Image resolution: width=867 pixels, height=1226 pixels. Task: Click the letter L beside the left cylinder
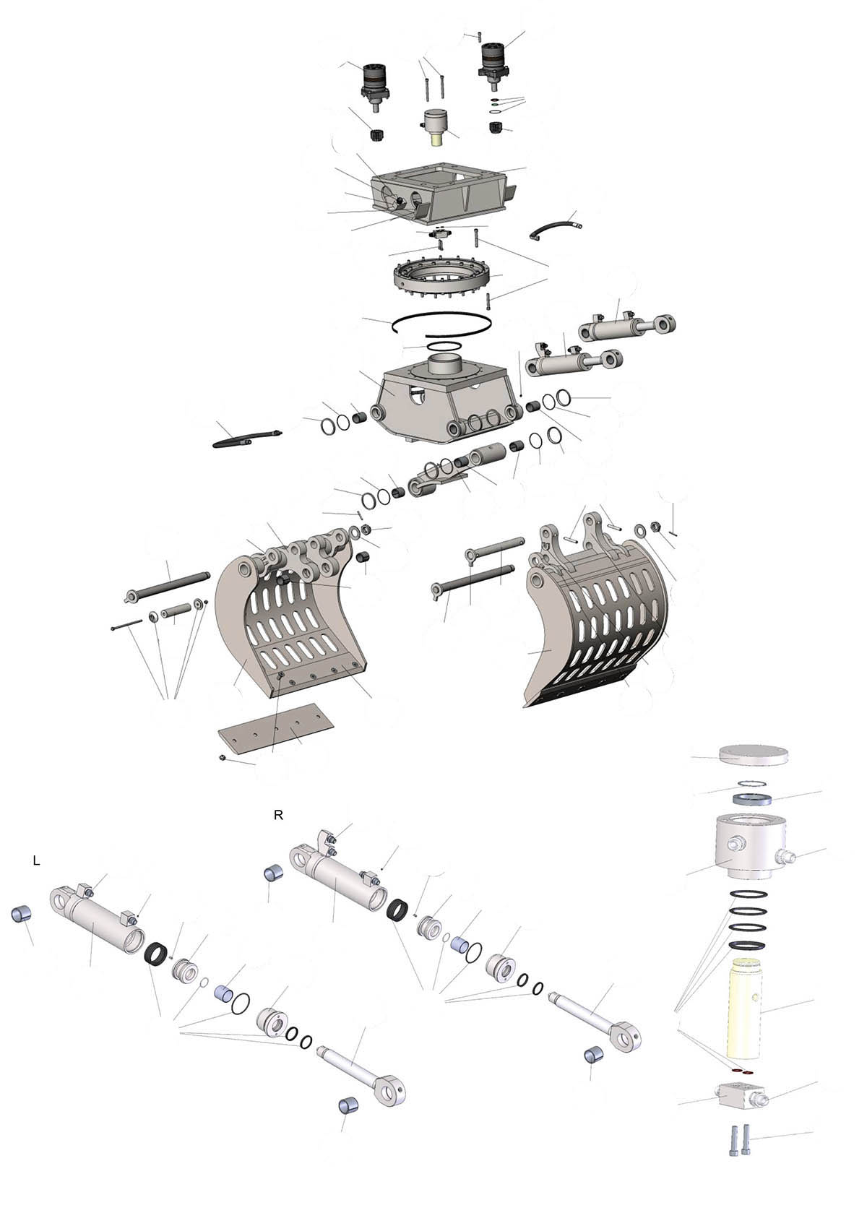coord(36,861)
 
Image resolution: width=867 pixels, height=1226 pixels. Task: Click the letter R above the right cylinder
coord(278,815)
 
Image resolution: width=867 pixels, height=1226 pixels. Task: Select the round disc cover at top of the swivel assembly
coord(753,756)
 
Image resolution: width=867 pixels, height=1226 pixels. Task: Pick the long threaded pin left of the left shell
coord(168,584)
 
